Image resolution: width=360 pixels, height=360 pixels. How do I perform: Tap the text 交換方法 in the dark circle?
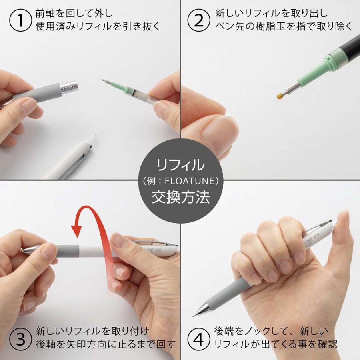tap(180, 198)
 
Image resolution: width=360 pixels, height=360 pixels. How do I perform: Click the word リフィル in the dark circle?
tap(180, 164)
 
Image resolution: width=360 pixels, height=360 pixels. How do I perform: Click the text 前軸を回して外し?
tap(74, 13)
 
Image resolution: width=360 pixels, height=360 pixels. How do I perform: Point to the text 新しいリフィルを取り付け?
tap(92, 331)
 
